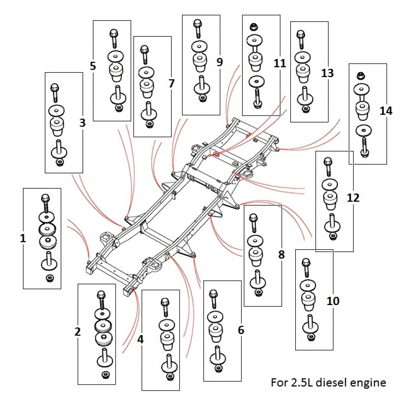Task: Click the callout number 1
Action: click(x=23, y=238)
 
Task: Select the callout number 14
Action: click(x=386, y=111)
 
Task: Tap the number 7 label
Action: click(x=171, y=84)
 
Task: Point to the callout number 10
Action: click(x=333, y=301)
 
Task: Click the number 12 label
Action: click(x=353, y=198)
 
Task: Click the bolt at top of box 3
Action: click(x=55, y=92)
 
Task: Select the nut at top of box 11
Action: click(x=254, y=28)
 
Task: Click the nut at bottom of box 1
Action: click(x=48, y=279)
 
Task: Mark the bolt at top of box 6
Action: click(x=213, y=299)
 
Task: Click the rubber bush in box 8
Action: click(x=255, y=255)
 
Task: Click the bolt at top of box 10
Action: click(x=305, y=266)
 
